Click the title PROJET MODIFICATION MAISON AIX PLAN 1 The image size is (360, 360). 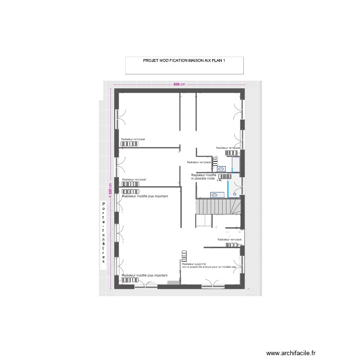pyautogui.click(x=184, y=61)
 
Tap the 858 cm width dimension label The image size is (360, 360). pyautogui.click(x=179, y=84)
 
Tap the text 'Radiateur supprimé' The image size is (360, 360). pyautogui.click(x=194, y=264)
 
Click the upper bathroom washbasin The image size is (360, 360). pyautogui.click(x=221, y=168)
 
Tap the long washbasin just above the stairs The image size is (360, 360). pyautogui.click(x=215, y=194)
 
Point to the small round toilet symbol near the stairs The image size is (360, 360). pyautogui.click(x=235, y=193)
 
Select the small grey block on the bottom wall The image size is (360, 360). pyautogui.click(x=174, y=283)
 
